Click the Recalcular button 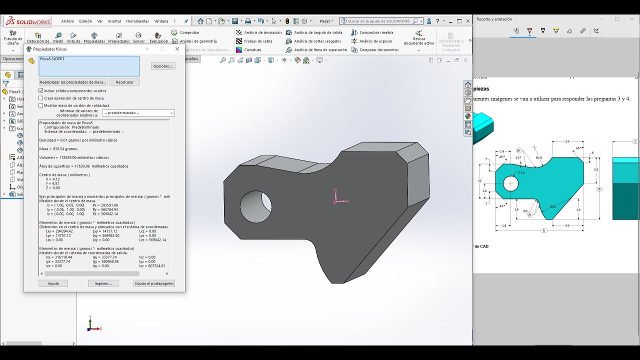point(124,82)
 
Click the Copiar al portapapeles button point(154,283)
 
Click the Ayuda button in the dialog point(53,283)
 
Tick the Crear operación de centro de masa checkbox point(41,98)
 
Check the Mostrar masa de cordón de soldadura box point(41,105)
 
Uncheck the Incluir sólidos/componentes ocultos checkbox point(41,91)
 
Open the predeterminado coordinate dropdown point(138,113)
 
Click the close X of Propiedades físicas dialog point(177,49)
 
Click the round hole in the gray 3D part point(255,206)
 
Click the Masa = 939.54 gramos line point(58,149)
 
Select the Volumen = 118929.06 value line point(74,157)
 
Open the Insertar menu point(114,21)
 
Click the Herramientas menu point(137,21)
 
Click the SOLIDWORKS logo point(27,21)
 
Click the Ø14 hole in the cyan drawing point(510,183)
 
